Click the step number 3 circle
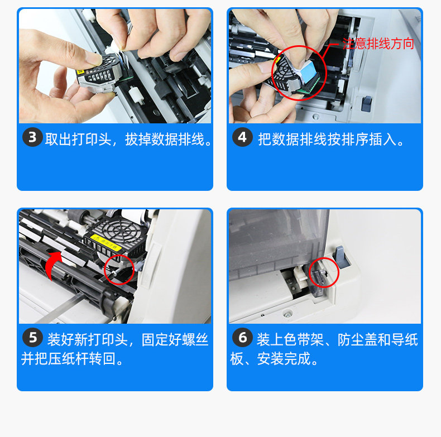point(32,137)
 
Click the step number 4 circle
point(242,137)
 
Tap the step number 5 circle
point(32,337)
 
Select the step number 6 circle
point(242,337)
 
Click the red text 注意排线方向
point(378,44)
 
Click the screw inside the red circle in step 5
point(117,271)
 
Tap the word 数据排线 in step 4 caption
point(299,139)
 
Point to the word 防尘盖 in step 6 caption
point(357,339)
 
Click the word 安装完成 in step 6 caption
point(284,358)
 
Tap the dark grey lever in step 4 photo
point(366,103)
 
